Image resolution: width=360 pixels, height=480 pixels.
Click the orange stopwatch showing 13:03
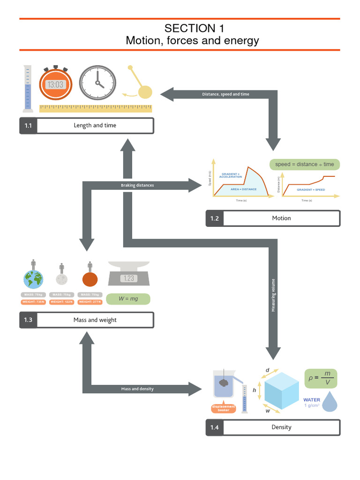click(x=55, y=84)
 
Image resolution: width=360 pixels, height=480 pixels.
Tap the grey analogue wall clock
click(x=97, y=83)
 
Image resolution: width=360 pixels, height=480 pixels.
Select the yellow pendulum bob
click(x=145, y=91)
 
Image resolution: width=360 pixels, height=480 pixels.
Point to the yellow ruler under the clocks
click(x=96, y=108)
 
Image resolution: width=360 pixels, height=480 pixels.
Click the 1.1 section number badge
click(x=28, y=126)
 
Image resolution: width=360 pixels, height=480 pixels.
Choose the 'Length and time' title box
click(x=95, y=126)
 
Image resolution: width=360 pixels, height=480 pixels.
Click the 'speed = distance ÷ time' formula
click(x=304, y=165)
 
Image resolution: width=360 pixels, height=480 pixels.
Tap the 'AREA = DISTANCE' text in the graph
click(x=243, y=189)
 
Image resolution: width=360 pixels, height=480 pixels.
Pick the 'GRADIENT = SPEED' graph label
click(x=311, y=190)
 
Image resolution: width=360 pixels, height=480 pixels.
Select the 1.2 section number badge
click(x=215, y=218)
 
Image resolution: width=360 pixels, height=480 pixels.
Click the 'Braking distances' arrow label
click(x=137, y=185)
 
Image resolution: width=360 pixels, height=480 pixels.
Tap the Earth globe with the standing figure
click(x=33, y=279)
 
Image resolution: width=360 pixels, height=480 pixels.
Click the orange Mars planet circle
click(x=90, y=279)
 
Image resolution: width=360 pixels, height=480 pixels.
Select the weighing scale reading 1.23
click(x=129, y=277)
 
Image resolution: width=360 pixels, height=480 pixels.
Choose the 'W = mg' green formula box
click(x=128, y=299)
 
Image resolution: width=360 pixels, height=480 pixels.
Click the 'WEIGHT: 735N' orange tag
click(x=33, y=302)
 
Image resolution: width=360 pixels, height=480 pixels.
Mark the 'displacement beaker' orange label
click(x=224, y=408)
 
